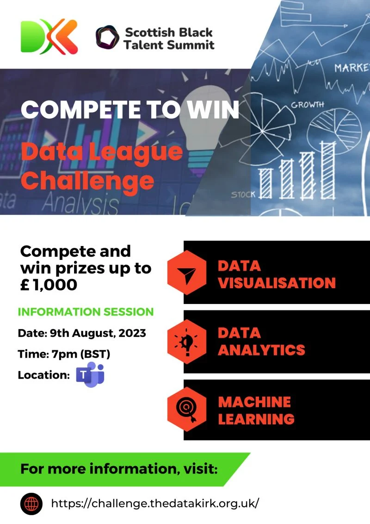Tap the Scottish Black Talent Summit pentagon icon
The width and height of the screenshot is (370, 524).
(107, 37)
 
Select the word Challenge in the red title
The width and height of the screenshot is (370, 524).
(87, 180)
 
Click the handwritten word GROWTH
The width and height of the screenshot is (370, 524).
(308, 105)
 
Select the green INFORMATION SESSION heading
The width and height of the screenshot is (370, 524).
(86, 312)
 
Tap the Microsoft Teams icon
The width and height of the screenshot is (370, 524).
(90, 375)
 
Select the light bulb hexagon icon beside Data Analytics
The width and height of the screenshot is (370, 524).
(187, 342)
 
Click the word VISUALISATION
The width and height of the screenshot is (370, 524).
(277, 283)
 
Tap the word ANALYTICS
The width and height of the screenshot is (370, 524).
(261, 350)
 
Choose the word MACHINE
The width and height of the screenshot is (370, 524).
(254, 402)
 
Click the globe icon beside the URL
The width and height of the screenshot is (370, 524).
(31, 503)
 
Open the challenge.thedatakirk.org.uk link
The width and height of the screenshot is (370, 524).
(155, 503)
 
